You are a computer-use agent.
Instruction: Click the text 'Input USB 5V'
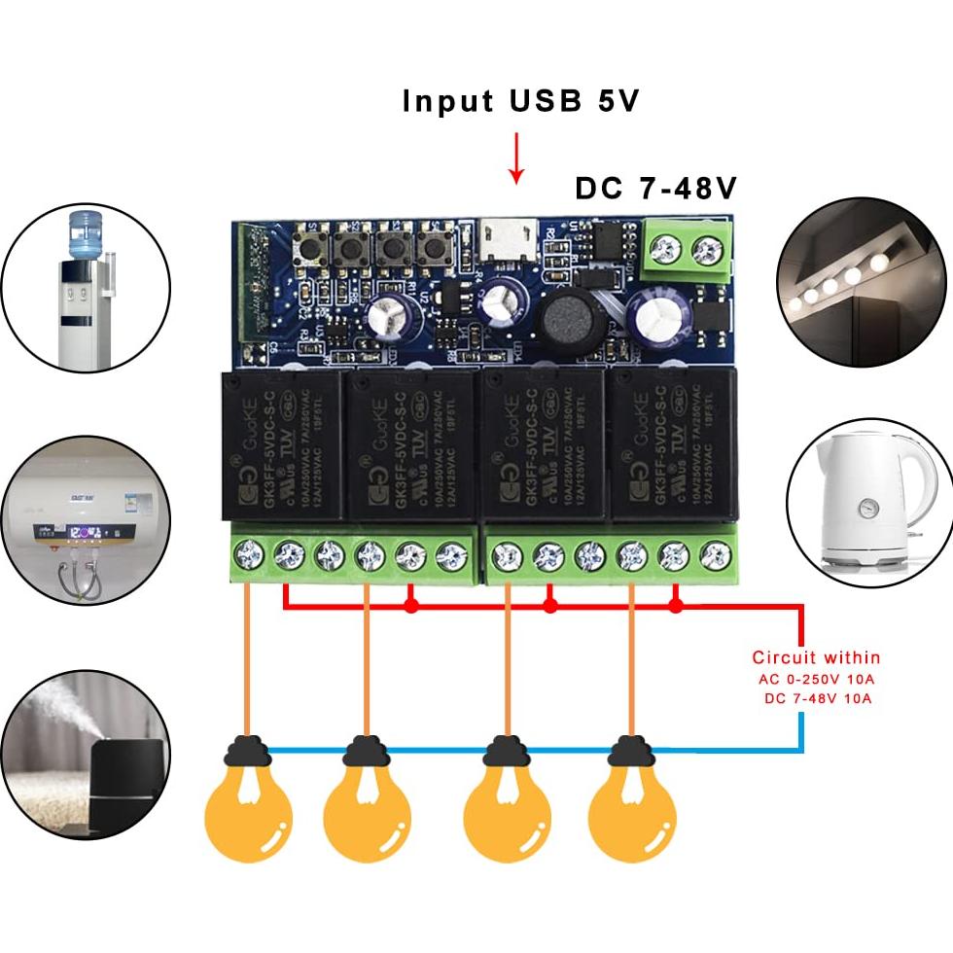[x=521, y=101]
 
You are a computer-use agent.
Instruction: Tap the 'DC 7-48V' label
[x=656, y=188]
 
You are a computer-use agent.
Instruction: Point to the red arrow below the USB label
[x=516, y=159]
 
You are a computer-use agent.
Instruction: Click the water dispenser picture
[x=86, y=287]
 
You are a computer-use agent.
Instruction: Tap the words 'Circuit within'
[x=816, y=657]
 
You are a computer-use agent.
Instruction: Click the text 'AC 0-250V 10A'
[x=816, y=679]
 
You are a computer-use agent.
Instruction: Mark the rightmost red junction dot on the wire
[x=677, y=606]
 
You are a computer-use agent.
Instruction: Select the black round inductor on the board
[x=564, y=318]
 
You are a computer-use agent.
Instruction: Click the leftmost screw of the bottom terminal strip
[x=249, y=556]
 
